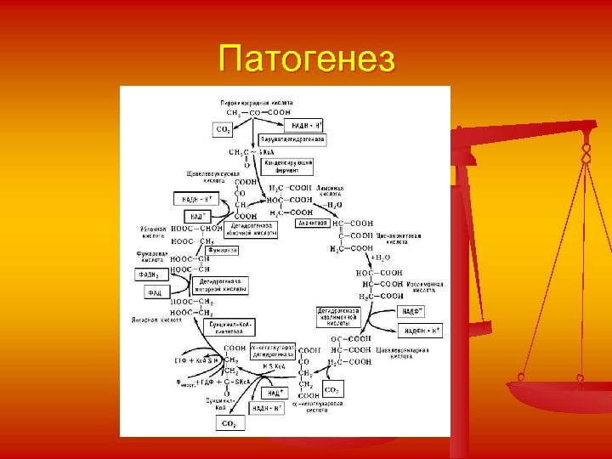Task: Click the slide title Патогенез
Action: click(306, 60)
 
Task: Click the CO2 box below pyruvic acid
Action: click(222, 129)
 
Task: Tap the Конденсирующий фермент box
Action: click(288, 166)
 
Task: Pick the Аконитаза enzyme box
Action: click(312, 224)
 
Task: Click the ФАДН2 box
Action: click(150, 275)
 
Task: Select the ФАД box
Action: click(154, 292)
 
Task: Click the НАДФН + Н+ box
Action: click(422, 330)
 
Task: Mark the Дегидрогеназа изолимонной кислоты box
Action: click(338, 317)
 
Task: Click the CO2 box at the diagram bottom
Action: click(228, 422)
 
